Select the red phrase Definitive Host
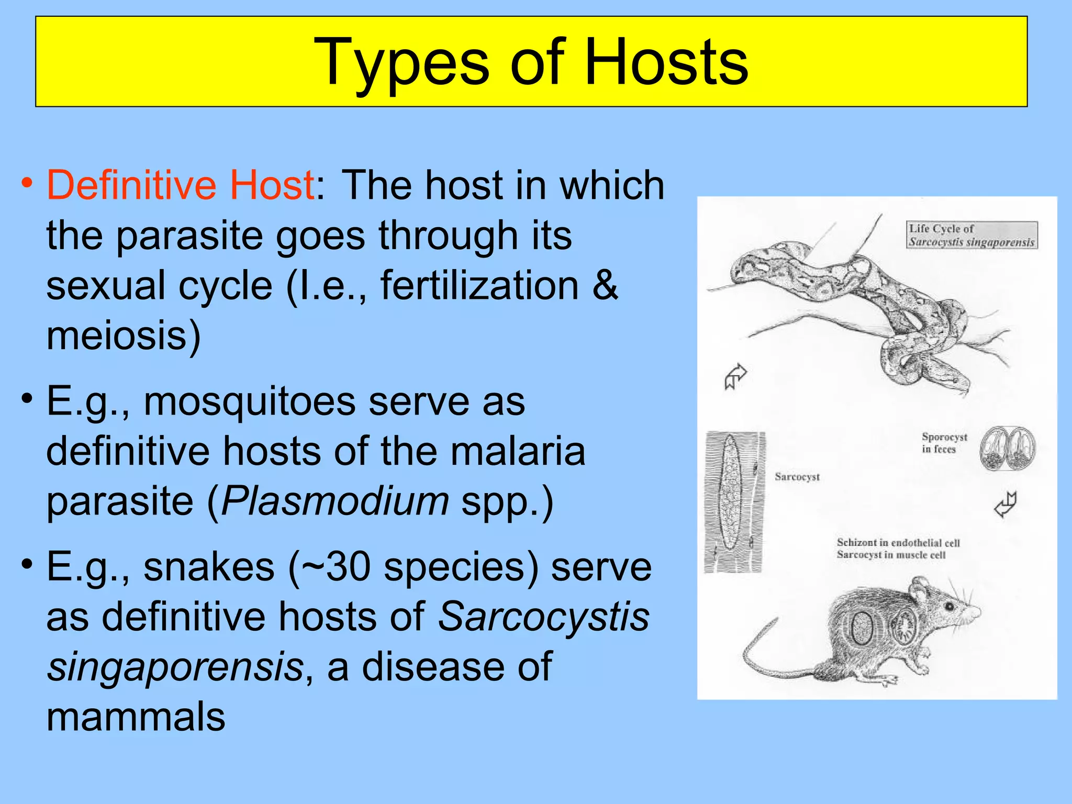(180, 185)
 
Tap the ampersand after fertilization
(605, 286)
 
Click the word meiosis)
(124, 336)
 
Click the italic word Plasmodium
(335, 501)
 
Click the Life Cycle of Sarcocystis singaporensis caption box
(971, 235)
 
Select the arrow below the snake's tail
(735, 376)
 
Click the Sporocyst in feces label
(944, 443)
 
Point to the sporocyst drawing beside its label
(1007, 448)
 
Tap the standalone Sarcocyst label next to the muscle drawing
(797, 477)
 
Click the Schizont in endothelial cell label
(898, 543)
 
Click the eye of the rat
(948, 606)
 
